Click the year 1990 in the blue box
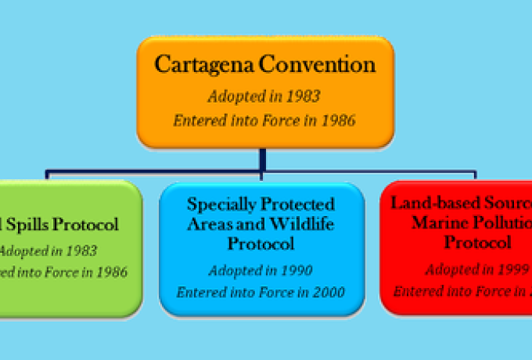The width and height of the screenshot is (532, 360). coord(297,271)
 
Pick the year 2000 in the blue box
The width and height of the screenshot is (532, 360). coord(327,293)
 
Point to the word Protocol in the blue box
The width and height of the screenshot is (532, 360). coord(261,243)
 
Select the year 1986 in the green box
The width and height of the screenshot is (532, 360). coord(110,273)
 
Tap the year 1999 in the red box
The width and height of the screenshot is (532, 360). coord(512,270)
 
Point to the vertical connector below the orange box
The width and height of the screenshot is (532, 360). coord(263,159)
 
